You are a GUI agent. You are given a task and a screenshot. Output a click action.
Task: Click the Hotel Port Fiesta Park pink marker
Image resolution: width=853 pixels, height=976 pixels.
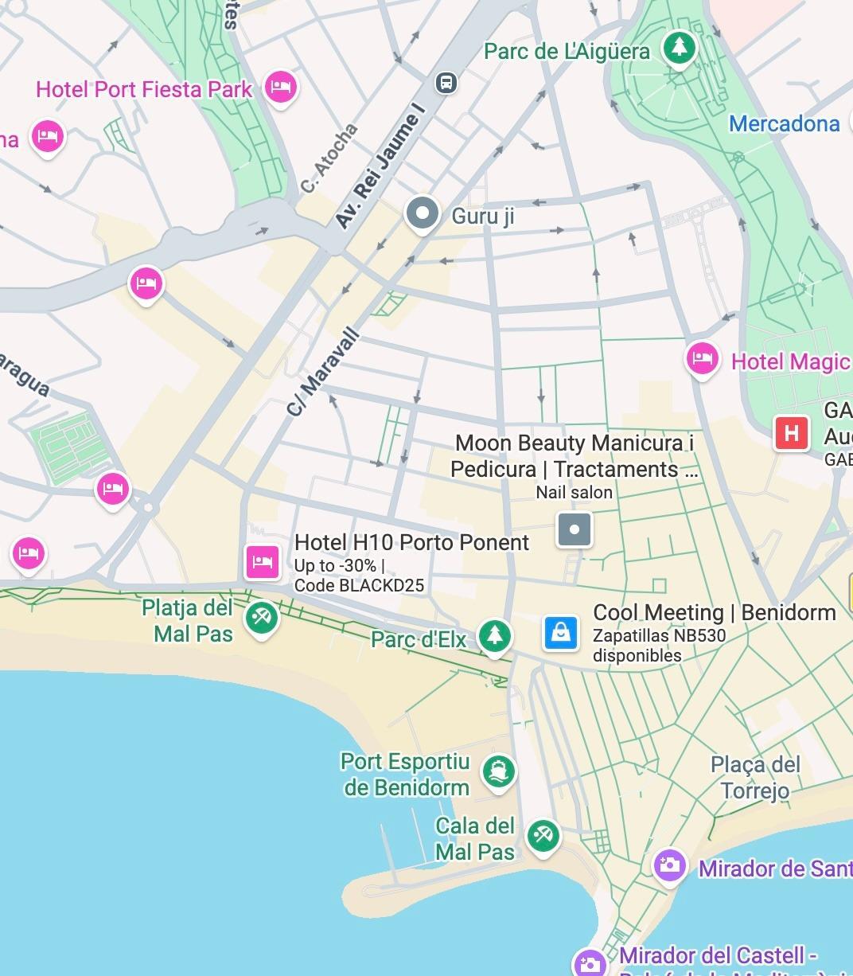click(x=280, y=87)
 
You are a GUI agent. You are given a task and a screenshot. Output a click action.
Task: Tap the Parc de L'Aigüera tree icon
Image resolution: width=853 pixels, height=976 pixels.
click(x=679, y=48)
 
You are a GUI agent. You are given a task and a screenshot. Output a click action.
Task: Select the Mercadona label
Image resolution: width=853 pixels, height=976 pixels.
click(x=784, y=123)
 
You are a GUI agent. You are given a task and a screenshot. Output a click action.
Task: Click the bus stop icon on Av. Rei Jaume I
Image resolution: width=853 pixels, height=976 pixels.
click(x=446, y=82)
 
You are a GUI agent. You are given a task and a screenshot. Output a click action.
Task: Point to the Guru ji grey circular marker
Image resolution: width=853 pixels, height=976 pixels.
click(x=423, y=213)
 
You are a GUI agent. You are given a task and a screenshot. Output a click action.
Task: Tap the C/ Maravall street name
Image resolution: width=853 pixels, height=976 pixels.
click(x=324, y=371)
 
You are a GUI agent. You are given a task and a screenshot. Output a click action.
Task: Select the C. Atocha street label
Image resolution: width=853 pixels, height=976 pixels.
click(x=329, y=158)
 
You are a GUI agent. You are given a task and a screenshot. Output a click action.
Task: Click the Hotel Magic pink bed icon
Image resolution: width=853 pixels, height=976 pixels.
click(x=702, y=359)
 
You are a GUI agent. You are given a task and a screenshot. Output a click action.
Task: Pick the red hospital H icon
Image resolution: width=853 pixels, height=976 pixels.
click(x=791, y=433)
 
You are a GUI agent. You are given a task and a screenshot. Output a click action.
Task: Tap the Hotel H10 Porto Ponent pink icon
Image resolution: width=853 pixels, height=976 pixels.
click(x=263, y=561)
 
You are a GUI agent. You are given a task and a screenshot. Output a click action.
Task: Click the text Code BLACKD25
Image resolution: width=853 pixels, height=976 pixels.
click(x=359, y=586)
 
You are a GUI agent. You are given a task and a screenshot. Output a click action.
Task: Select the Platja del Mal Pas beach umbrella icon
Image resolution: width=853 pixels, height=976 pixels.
click(x=261, y=617)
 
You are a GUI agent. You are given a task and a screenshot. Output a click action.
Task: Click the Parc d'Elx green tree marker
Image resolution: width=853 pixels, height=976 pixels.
click(x=494, y=635)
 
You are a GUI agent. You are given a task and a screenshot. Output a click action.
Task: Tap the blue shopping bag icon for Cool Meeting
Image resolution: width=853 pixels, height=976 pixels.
click(x=561, y=632)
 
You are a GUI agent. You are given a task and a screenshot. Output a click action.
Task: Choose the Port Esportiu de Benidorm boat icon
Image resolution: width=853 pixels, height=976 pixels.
click(x=498, y=770)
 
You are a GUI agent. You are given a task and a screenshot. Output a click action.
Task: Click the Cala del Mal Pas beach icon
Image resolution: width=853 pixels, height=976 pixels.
click(x=543, y=836)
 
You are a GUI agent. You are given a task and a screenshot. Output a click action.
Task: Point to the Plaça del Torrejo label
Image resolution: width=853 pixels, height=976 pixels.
click(x=755, y=777)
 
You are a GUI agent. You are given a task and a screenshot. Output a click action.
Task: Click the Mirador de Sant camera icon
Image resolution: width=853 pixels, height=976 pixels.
click(x=669, y=865)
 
